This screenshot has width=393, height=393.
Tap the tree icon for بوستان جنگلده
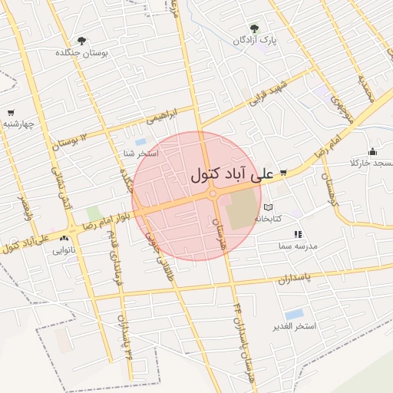82,41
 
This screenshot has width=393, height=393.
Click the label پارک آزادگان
256,39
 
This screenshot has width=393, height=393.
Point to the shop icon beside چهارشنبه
10,113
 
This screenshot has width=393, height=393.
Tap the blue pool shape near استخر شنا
140,142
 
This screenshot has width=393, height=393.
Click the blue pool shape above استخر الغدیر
293,314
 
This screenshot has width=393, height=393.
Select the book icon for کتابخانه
268,207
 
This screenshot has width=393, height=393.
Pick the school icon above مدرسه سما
298,234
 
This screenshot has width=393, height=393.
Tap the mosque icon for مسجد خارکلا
373,151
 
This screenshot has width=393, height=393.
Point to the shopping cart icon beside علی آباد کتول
283,173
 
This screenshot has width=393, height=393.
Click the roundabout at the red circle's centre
213,194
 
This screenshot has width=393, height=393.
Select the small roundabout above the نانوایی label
73,228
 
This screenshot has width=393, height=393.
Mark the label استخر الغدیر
296,327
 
